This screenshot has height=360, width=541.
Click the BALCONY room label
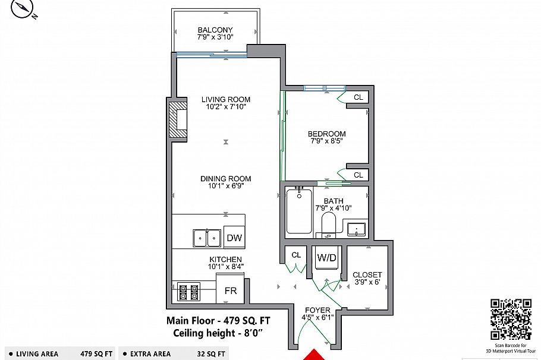click(x=215, y=30)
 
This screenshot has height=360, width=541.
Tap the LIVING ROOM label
click(x=225, y=99)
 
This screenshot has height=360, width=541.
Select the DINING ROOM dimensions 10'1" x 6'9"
click(x=225, y=186)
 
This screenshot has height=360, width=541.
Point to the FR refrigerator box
click(x=231, y=292)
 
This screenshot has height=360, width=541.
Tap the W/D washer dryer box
click(x=326, y=258)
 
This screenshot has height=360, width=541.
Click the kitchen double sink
click(x=207, y=238)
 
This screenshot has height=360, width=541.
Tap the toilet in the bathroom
click(x=329, y=225)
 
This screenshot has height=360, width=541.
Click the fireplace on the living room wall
click(x=178, y=120)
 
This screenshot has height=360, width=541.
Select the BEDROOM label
click(x=326, y=134)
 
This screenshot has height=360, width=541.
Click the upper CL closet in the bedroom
click(x=358, y=97)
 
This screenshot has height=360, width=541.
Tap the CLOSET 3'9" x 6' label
click(x=367, y=279)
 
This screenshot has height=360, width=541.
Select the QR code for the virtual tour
click(x=509, y=318)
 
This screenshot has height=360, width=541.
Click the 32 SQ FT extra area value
click(x=211, y=354)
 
